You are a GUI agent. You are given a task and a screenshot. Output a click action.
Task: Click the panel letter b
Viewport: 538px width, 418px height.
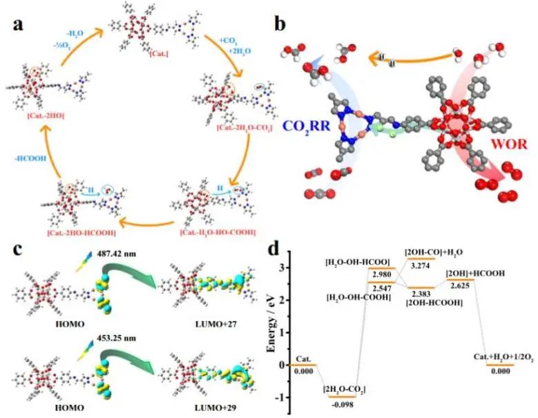(x=281, y=26)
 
